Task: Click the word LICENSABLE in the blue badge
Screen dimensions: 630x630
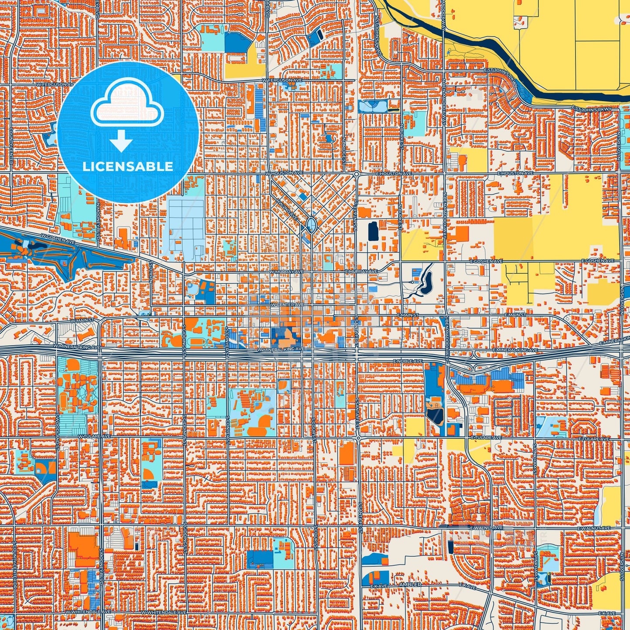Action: (128, 166)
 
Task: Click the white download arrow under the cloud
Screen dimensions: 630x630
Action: (121, 140)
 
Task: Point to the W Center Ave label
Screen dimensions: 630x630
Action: (287, 304)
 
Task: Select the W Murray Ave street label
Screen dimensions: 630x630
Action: (286, 271)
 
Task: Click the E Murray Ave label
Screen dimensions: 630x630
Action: (361, 271)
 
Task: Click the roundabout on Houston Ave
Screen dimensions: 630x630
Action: (356, 174)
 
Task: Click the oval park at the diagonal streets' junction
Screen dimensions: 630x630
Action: (311, 225)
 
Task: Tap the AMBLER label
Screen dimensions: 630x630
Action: (410, 584)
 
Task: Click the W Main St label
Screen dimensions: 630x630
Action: (82, 320)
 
